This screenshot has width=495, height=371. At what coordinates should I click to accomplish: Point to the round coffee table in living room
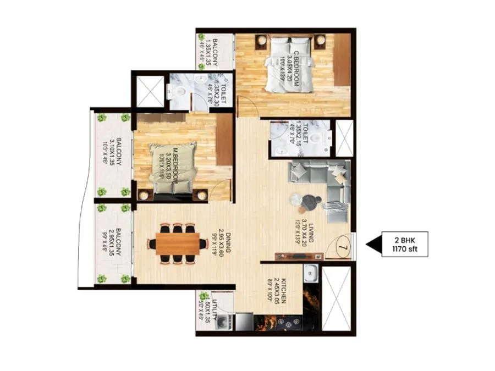click(306, 202)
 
